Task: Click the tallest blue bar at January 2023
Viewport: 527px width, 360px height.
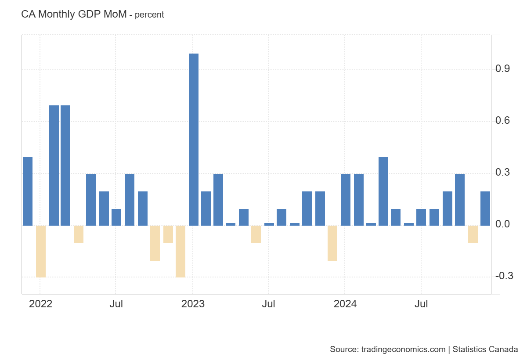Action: pyautogui.click(x=193, y=139)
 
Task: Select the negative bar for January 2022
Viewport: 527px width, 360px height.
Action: pyautogui.click(x=40, y=251)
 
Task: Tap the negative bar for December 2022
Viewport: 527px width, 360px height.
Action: pyautogui.click(x=180, y=251)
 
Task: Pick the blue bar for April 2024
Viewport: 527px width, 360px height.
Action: pyautogui.click(x=383, y=191)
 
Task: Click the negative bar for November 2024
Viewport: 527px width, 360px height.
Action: pyautogui.click(x=473, y=234)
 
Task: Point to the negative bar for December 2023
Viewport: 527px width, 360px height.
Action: pyautogui.click(x=332, y=243)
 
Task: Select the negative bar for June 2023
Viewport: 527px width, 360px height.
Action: pyautogui.click(x=256, y=234)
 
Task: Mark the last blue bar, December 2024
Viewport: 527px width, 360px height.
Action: pyautogui.click(x=485, y=208)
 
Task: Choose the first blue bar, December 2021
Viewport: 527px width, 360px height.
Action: pyautogui.click(x=28, y=191)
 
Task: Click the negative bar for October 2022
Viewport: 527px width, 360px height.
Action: pyautogui.click(x=155, y=243)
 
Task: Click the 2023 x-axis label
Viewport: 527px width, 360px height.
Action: pyautogui.click(x=193, y=304)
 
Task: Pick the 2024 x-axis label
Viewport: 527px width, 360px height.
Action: pyautogui.click(x=345, y=304)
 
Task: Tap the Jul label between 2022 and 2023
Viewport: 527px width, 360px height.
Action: pyautogui.click(x=116, y=304)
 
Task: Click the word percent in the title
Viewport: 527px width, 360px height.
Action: pyautogui.click(x=149, y=14)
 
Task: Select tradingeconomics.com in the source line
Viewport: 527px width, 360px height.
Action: pyautogui.click(x=403, y=349)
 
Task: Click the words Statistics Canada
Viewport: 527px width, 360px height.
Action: pyautogui.click(x=485, y=349)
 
